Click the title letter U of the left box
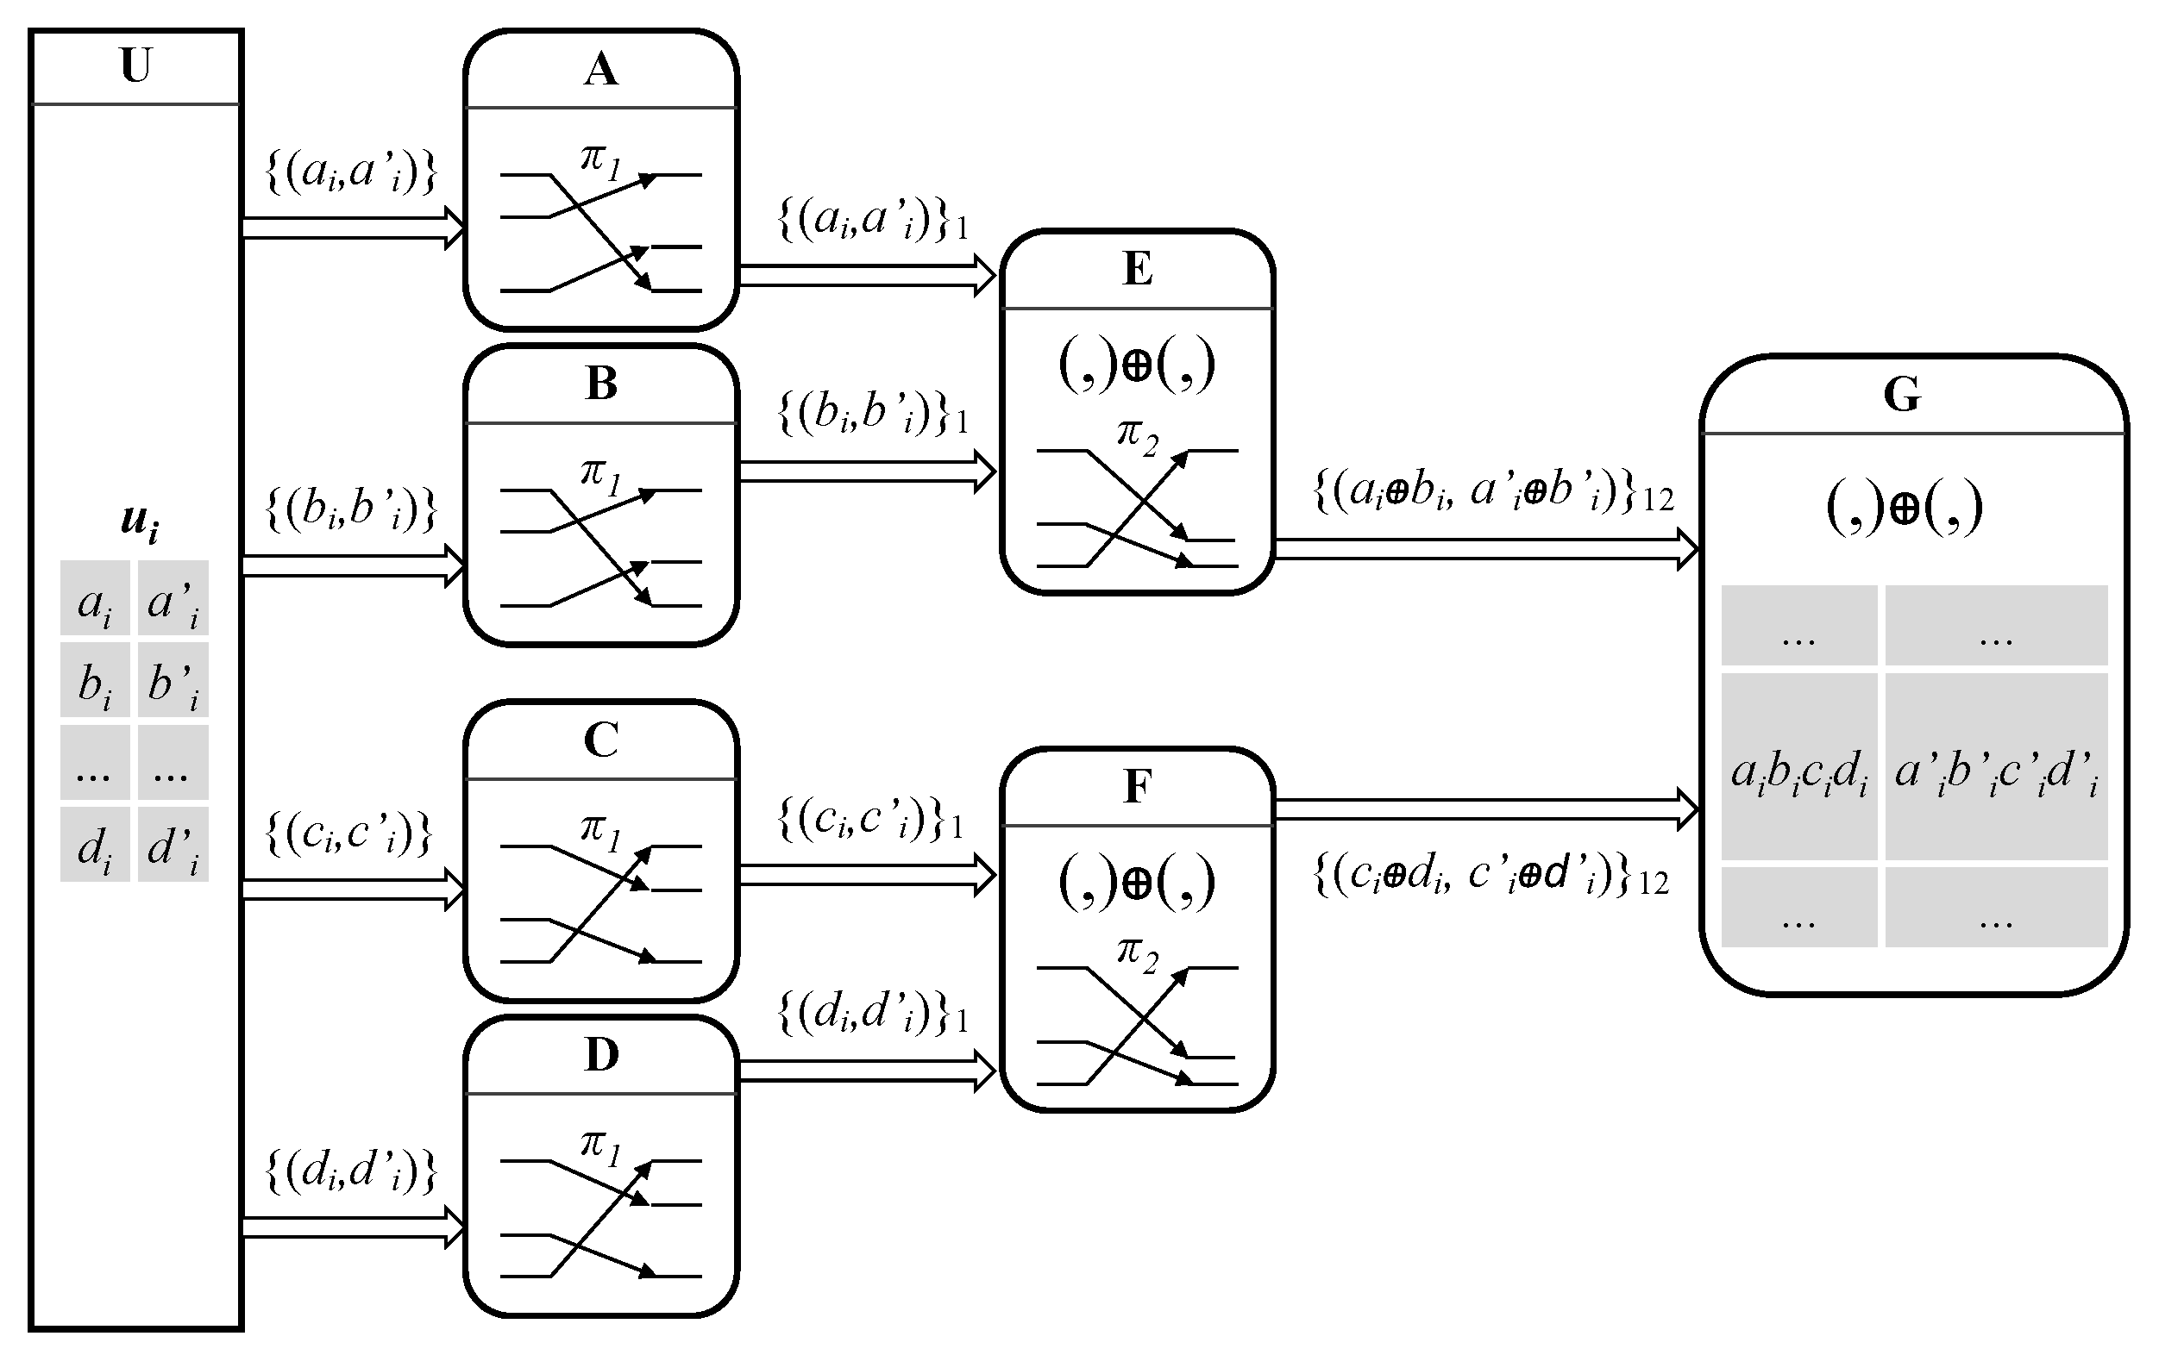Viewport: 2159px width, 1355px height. [x=135, y=66]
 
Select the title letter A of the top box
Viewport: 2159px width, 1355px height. [x=600, y=69]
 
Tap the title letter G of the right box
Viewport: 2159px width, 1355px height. [x=1902, y=394]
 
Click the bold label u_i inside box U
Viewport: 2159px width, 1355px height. [x=139, y=521]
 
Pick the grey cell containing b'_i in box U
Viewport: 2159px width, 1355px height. [x=173, y=679]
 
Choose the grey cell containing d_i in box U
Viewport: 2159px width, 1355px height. [x=95, y=845]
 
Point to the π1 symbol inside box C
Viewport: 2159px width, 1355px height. [x=599, y=832]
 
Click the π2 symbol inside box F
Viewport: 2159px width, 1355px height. [x=1137, y=953]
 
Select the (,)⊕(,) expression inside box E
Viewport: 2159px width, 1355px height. [x=1137, y=365]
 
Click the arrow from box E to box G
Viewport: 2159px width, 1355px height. [x=1484, y=548]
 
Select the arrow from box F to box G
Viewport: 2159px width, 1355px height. [x=1484, y=809]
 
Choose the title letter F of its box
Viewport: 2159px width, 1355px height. [x=1137, y=787]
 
